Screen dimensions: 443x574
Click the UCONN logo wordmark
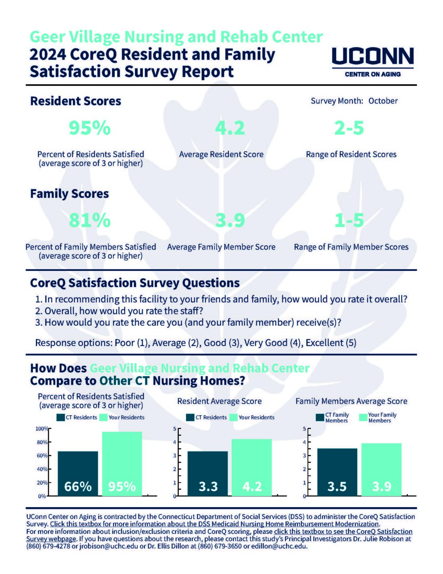pyautogui.click(x=373, y=56)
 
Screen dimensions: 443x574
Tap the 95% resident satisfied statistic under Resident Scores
pyautogui.click(x=90, y=128)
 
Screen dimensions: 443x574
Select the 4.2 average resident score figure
pyautogui.click(x=230, y=128)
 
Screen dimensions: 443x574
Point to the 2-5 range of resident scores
pyautogui.click(x=349, y=128)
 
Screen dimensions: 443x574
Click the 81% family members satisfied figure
pyautogui.click(x=90, y=220)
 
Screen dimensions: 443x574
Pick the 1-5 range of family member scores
pyautogui.click(x=349, y=220)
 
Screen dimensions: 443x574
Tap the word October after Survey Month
pyautogui.click(x=383, y=101)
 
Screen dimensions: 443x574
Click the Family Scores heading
pyautogui.click(x=69, y=193)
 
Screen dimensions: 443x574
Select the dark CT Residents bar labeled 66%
pyautogui.click(x=78, y=474)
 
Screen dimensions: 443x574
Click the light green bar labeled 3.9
pyautogui.click(x=381, y=470)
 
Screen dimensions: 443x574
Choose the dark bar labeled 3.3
pyautogui.click(x=208, y=474)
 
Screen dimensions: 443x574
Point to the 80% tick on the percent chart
pyautogui.click(x=42, y=442)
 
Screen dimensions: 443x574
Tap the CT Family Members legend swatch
pyautogui.click(x=320, y=418)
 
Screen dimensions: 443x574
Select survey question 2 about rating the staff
pyautogui.click(x=119, y=311)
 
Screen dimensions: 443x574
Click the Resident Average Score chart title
pyautogui.click(x=219, y=401)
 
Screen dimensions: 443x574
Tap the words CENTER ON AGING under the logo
pyautogui.click(x=373, y=74)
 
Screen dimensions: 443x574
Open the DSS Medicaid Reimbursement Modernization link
pyautogui.click(x=215, y=524)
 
